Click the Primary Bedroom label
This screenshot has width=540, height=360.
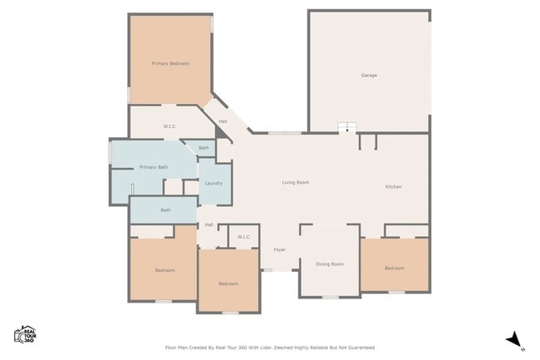[x=170, y=63]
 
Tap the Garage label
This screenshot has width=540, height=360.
[x=369, y=76]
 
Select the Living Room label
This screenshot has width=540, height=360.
[x=296, y=182]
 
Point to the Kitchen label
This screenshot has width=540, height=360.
[x=394, y=186]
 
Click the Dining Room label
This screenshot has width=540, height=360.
[x=330, y=264]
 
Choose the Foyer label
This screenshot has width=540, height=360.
[x=280, y=249]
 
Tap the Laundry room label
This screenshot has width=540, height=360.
[x=214, y=183]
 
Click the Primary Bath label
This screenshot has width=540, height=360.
[x=154, y=167]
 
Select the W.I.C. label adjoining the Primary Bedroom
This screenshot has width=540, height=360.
[x=169, y=126]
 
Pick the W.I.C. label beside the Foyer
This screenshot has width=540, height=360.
[x=244, y=237]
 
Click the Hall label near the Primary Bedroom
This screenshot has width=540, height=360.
[x=223, y=122]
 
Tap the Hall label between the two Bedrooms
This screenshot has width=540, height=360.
[x=209, y=224]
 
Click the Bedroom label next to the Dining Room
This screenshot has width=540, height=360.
[x=394, y=268]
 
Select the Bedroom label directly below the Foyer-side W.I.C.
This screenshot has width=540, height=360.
[x=228, y=284]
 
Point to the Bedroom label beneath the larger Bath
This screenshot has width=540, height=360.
[x=164, y=270]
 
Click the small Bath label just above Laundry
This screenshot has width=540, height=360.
[x=204, y=147]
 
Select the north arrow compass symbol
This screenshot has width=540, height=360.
[x=514, y=339]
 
